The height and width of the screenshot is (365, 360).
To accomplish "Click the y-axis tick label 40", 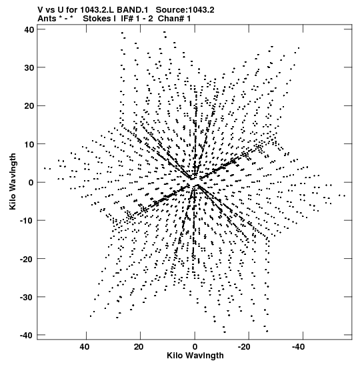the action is [29, 29].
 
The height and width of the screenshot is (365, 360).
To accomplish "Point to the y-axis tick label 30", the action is [29, 68].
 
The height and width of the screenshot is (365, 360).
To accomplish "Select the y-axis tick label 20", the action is [29, 106].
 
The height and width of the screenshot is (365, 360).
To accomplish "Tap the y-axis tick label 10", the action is [29, 144].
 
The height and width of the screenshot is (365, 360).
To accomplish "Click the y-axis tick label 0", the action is [31, 183].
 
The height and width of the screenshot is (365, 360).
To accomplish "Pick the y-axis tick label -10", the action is [27, 220].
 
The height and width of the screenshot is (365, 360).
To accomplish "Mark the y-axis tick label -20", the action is [27, 259].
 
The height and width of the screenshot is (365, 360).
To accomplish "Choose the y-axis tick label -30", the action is [27, 297].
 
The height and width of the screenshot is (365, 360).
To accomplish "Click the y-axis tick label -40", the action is [27, 335].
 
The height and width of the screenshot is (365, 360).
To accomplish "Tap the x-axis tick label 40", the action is [85, 347].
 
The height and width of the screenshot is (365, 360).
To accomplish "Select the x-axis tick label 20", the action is [139, 347].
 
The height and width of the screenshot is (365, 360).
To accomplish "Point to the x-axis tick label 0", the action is [195, 347].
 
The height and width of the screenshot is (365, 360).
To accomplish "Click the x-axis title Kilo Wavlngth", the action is [195, 356].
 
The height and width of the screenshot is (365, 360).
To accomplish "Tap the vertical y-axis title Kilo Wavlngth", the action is [13, 181].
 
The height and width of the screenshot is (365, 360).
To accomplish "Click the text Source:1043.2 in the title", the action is [185, 10].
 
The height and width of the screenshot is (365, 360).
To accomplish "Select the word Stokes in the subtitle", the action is [97, 19].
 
